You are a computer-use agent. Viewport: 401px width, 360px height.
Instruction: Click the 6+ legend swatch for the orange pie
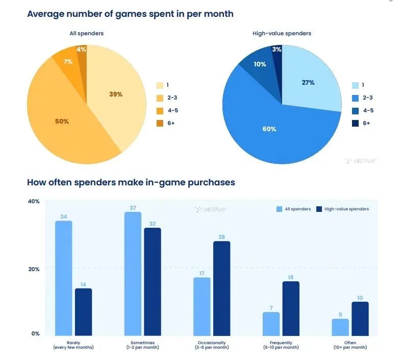pos(160,123)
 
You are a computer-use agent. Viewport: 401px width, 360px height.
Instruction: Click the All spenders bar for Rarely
pos(63,278)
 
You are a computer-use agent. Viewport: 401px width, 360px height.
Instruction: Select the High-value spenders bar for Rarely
pos(83,311)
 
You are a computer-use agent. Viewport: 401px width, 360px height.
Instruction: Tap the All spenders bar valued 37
pos(133,274)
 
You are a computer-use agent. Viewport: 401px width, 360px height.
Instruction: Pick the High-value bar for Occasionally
pos(221,289)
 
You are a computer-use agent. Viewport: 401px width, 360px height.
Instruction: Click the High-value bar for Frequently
pos(290,308)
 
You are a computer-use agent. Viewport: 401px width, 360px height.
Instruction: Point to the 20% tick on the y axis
pos(34,269)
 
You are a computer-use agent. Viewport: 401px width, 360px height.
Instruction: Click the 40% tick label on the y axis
pos(34,201)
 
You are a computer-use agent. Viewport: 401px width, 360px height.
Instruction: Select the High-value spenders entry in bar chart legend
pos(342,209)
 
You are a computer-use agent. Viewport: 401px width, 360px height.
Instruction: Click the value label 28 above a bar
pos(221,237)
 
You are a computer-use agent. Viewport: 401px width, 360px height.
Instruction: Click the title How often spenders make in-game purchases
pos(131,182)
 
